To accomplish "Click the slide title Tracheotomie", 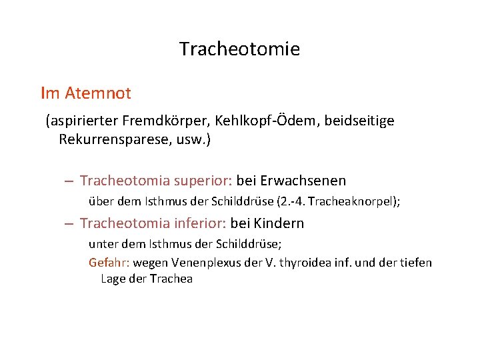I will [x=239, y=49].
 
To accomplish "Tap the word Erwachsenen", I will [x=303, y=181].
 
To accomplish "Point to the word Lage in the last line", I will [x=113, y=279].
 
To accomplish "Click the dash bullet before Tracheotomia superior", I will [x=69, y=181].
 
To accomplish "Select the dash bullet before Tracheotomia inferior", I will [x=69, y=224].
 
